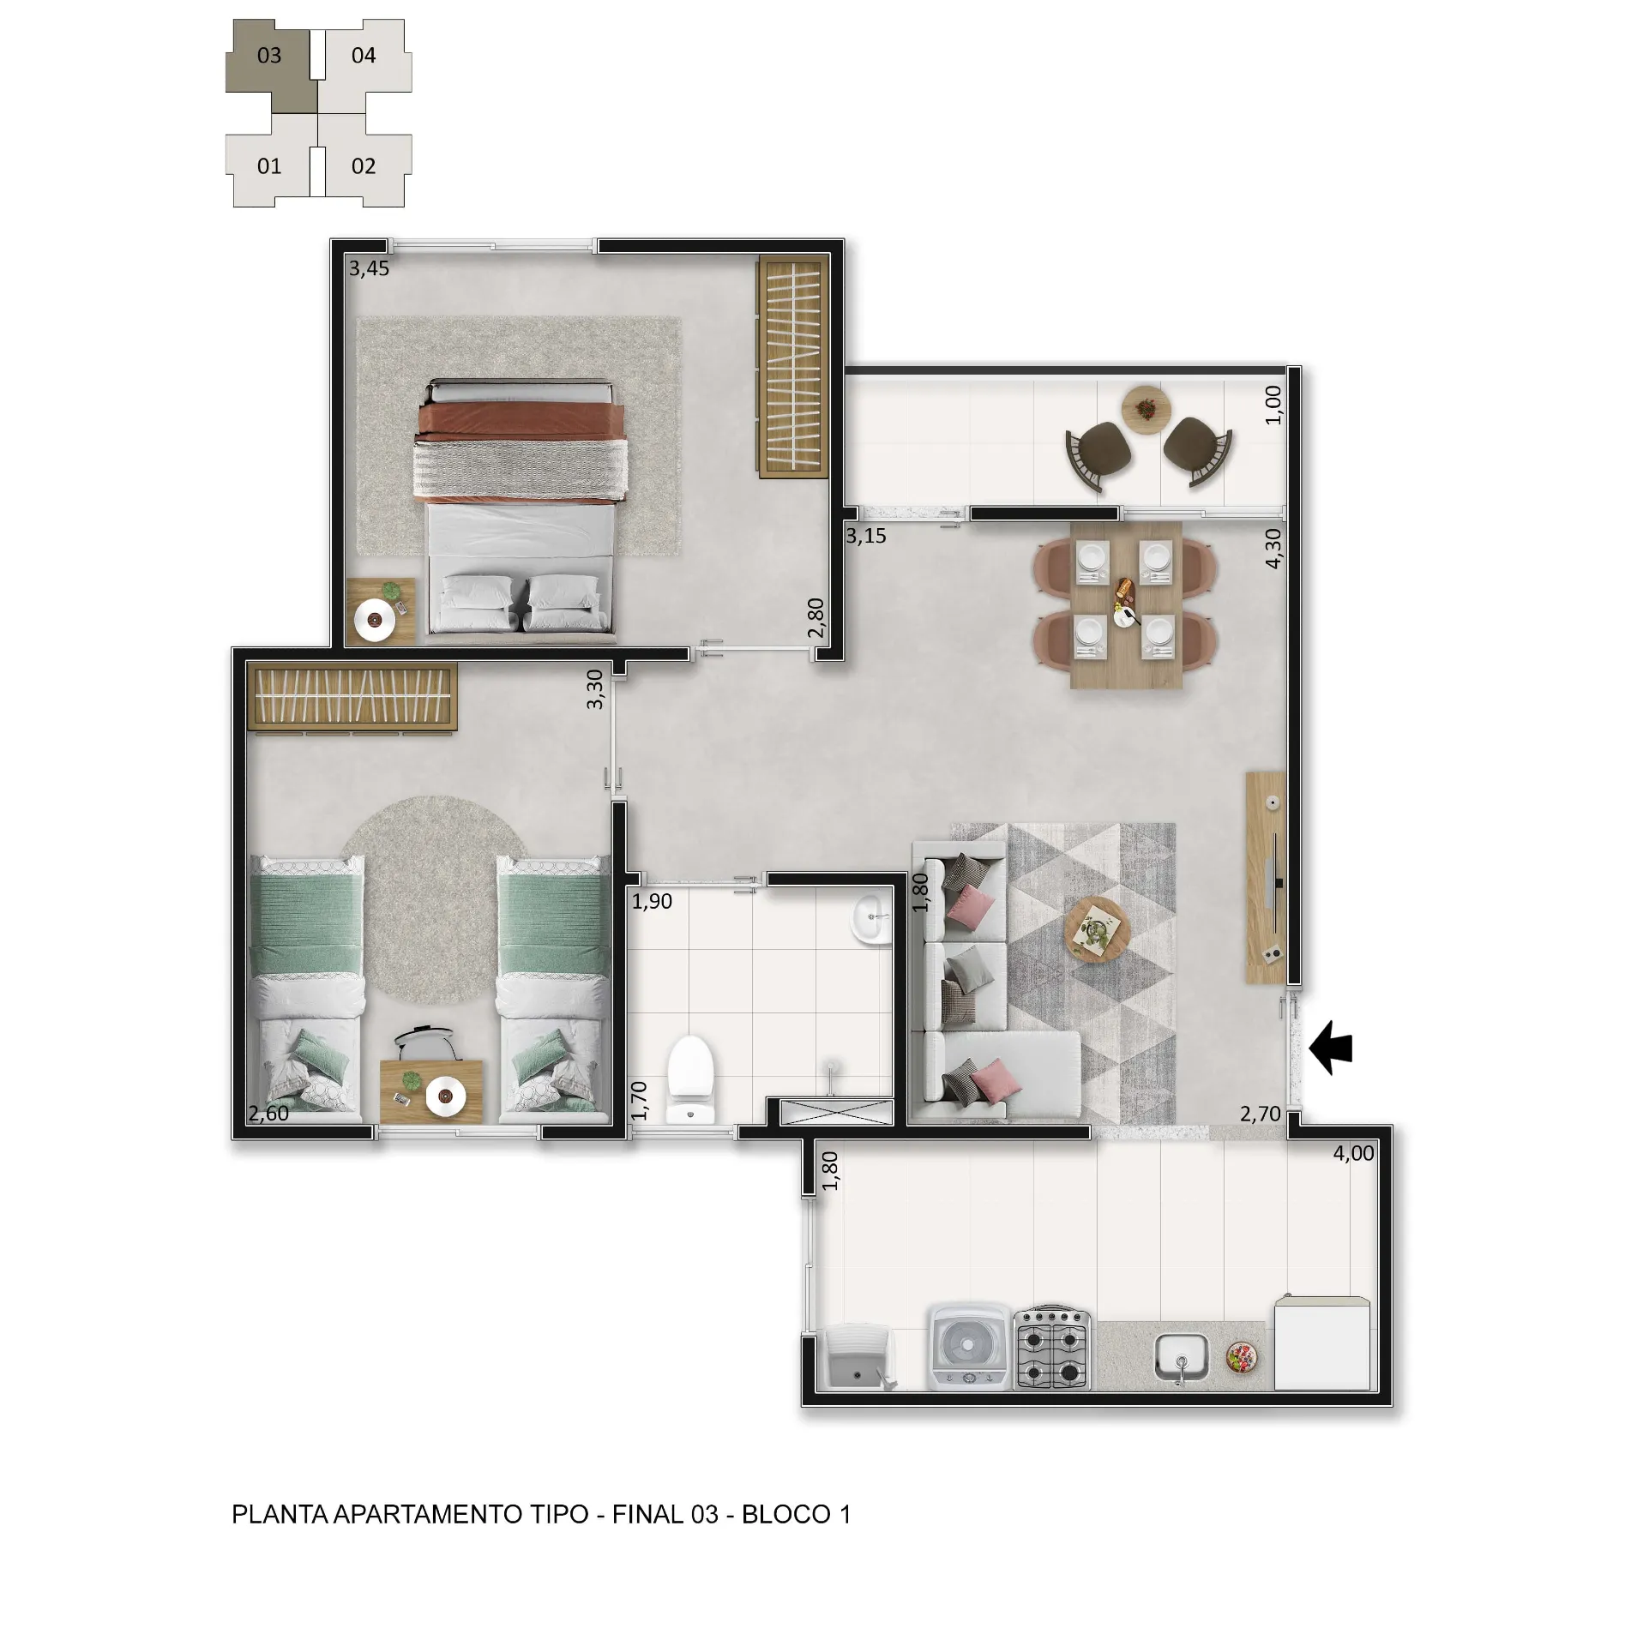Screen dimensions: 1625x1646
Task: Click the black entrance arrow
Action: pyautogui.click(x=1331, y=1047)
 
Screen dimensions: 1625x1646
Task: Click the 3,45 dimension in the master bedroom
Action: pyautogui.click(x=369, y=268)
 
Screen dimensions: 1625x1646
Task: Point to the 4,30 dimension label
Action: pyautogui.click(x=1273, y=548)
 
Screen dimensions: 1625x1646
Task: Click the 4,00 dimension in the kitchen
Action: pyautogui.click(x=1353, y=1153)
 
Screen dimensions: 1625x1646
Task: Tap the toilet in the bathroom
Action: pyautogui.click(x=690, y=1080)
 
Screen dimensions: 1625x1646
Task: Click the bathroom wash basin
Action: pyautogui.click(x=870, y=919)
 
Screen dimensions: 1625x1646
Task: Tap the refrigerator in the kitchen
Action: pyautogui.click(x=1321, y=1343)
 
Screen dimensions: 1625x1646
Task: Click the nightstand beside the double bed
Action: pyautogui.click(x=381, y=610)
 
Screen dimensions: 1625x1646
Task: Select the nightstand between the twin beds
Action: pyautogui.click(x=431, y=1090)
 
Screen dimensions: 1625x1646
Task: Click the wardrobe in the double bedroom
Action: pyautogui.click(x=793, y=365)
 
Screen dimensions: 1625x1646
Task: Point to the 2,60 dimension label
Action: pyautogui.click(x=268, y=1114)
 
